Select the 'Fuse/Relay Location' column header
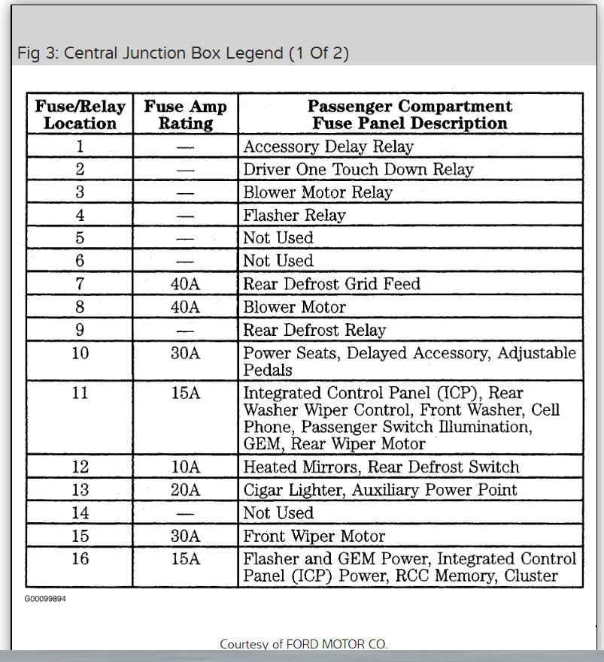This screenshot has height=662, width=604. tap(80, 114)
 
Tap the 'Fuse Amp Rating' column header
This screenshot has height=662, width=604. tap(185, 114)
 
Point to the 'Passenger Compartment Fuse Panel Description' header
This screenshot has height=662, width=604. tap(410, 114)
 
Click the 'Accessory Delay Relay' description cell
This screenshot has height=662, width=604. tap(328, 147)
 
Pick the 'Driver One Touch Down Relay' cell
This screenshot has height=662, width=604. tap(358, 169)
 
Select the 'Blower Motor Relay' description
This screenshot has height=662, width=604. tap(317, 192)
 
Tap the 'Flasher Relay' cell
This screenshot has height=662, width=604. tap(294, 216)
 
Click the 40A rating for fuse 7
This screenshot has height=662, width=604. tap(185, 284)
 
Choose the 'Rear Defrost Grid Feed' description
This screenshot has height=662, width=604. tap(332, 284)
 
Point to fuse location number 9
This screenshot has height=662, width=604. tap(80, 330)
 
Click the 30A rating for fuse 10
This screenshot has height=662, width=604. tap(185, 352)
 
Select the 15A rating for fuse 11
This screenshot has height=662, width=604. tap(185, 392)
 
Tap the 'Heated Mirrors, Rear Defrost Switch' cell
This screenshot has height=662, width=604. tap(381, 467)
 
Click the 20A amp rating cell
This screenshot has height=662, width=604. tap(185, 490)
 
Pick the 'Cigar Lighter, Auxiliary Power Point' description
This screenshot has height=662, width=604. tap(380, 490)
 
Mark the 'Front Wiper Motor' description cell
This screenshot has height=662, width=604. tap(314, 537)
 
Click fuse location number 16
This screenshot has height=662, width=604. tap(80, 559)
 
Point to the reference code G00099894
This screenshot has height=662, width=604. tap(45, 599)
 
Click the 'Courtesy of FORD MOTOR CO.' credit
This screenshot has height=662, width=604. tap(304, 644)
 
